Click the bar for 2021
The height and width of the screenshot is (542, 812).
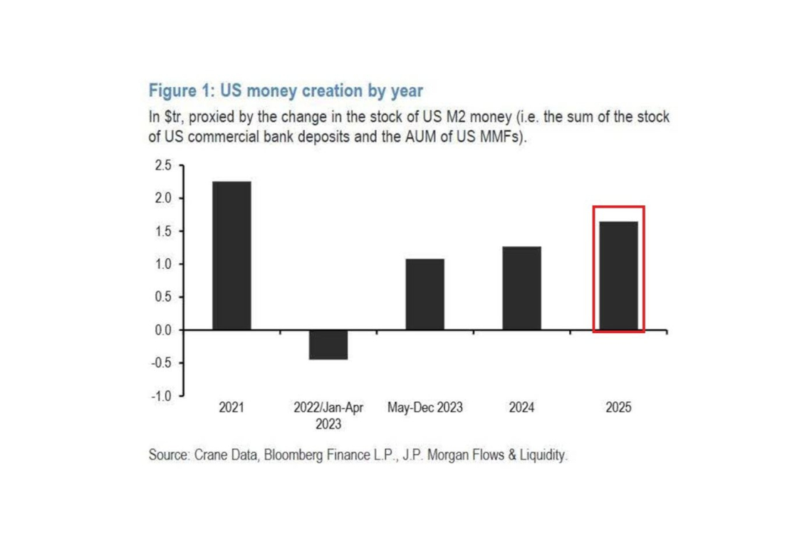231,255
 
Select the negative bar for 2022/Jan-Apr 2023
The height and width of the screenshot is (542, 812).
328,344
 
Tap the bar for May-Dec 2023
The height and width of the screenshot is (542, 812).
425,294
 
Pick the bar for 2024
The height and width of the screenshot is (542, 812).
522,288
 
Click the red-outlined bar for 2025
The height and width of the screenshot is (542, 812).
619,275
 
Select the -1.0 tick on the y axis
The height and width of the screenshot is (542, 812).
162,396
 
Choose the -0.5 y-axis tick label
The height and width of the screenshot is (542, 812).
162,363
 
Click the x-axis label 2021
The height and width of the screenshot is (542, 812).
231,408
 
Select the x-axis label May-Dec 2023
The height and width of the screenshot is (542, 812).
425,408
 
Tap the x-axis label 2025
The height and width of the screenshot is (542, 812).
619,408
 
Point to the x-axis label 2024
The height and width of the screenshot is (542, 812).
522,408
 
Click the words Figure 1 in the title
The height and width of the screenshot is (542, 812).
179,91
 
